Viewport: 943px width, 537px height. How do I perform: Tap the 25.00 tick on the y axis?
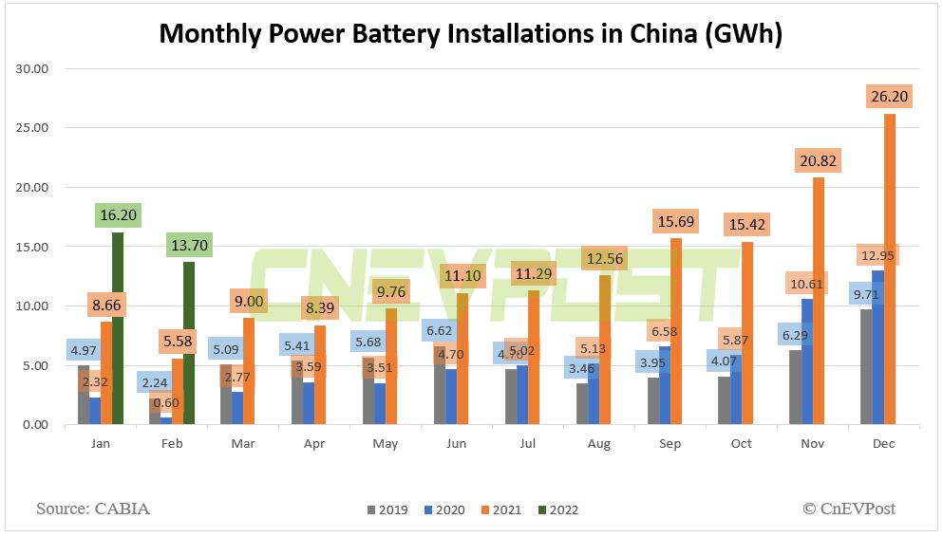click(33, 128)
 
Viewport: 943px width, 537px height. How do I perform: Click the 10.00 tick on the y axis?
click(33, 306)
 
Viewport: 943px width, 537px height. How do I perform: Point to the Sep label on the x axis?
click(670, 443)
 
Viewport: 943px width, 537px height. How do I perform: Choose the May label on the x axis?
click(385, 443)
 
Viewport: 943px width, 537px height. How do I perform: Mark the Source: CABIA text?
click(93, 509)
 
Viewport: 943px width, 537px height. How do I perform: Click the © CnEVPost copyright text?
click(848, 509)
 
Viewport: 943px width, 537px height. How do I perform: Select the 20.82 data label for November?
click(818, 161)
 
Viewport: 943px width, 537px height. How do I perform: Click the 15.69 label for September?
click(675, 222)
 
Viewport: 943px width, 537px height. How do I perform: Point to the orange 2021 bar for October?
click(746, 333)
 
